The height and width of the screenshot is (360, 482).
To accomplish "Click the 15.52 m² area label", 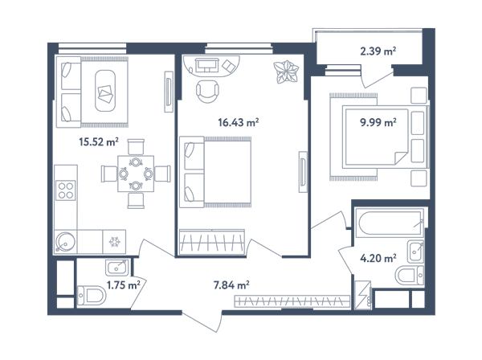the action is (99, 142).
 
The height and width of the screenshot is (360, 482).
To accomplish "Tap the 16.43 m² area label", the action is (239, 122).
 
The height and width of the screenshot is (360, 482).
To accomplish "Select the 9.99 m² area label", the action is (378, 122).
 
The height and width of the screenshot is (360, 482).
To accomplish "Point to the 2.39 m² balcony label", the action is (378, 51).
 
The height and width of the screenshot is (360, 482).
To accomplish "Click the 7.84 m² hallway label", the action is (231, 285).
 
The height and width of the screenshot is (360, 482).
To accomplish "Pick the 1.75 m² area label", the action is (124, 285).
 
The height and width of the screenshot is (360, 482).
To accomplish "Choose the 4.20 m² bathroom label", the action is (378, 258).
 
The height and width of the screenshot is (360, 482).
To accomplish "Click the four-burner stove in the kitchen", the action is (66, 190).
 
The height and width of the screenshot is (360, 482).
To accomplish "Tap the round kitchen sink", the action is (65, 242).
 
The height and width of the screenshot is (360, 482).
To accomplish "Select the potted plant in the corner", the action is (286, 72).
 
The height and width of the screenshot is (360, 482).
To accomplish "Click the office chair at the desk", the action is (207, 92).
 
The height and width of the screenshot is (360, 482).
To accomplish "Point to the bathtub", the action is (390, 223).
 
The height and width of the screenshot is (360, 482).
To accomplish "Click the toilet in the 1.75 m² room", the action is (92, 296).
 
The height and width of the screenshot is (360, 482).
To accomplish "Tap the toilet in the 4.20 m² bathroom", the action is (410, 276).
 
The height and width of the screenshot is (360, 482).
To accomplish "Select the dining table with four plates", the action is (136, 174).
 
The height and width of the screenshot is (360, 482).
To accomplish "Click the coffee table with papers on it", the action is (105, 91).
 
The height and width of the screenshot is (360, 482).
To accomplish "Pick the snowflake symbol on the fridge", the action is (115, 242).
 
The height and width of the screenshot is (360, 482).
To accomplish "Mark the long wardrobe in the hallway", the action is (292, 301).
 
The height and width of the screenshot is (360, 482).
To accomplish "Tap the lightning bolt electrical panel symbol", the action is (363, 295).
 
